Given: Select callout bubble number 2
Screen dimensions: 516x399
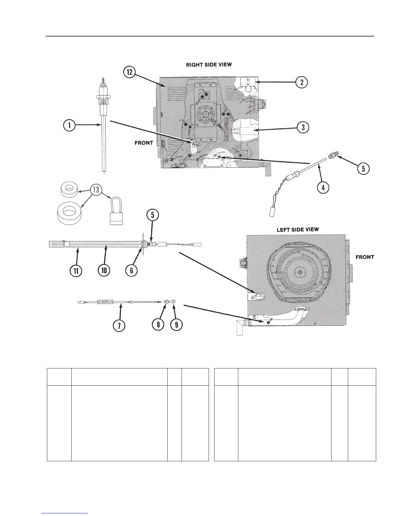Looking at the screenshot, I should (302, 82).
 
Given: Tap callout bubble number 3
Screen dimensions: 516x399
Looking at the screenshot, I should (303, 127).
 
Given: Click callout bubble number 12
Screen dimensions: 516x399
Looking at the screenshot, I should (130, 73).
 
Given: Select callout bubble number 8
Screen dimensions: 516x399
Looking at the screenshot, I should (158, 325).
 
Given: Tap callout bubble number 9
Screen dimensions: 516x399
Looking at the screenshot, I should (176, 325).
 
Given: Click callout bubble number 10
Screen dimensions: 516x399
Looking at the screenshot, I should (104, 270).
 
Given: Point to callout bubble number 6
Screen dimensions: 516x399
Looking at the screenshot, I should (131, 270).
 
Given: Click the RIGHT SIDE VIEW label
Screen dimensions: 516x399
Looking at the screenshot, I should (209, 64).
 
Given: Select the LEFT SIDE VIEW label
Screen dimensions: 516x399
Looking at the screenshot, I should (298, 230).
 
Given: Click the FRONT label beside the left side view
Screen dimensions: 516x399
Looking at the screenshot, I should (365, 257).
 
